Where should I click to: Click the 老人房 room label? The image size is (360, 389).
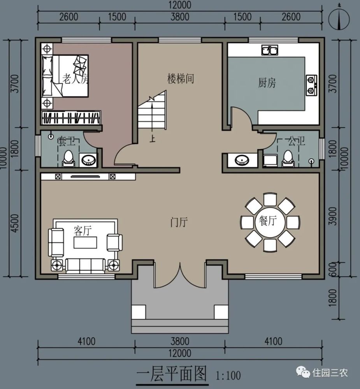pyautogui.click(x=76, y=79)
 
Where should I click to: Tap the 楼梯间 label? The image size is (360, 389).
pyautogui.click(x=181, y=79)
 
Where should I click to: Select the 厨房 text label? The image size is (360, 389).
pyautogui.click(x=267, y=82)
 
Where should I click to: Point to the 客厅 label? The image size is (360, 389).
pyautogui.click(x=82, y=231)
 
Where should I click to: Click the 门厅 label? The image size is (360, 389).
pyautogui.click(x=179, y=223)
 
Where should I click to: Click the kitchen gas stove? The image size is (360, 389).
pyautogui.click(x=311, y=85)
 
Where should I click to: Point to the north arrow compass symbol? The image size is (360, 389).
pyautogui.click(x=339, y=18)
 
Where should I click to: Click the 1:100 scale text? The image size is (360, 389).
pyautogui.click(x=228, y=376)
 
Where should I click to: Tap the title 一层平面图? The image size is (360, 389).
pyautogui.click(x=171, y=374)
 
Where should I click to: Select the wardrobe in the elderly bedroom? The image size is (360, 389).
pyautogui.click(x=72, y=118)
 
